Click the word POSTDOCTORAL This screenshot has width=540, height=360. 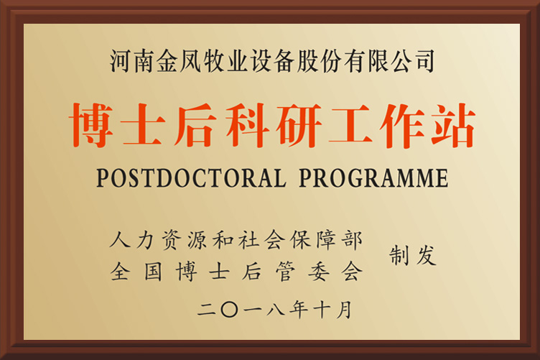[191, 177]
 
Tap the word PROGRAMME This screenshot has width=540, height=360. [373, 177]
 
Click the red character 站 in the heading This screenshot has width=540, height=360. [454, 125]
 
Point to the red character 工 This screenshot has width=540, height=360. [350, 125]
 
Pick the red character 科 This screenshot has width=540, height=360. [247, 125]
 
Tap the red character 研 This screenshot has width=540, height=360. [299, 125]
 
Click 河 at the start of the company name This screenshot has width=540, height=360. [121, 61]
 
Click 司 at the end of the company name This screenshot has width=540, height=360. [424, 61]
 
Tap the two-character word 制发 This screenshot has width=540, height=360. [413, 256]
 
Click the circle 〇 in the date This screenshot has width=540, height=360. [229, 310]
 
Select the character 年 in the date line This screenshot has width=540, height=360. [298, 309]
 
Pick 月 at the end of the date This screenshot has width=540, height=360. [344, 309]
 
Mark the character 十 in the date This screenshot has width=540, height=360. [322, 309]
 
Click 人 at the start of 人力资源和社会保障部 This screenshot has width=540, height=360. [120, 239]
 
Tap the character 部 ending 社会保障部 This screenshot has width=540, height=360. [352, 239]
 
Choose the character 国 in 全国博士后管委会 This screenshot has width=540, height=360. [153, 272]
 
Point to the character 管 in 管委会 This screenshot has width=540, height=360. [286, 272]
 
